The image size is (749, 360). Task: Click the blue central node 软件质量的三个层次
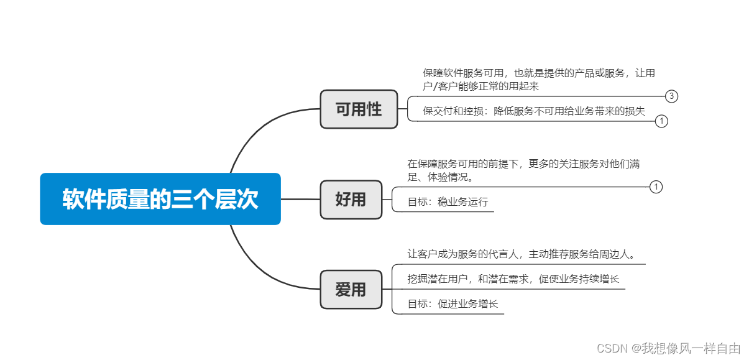(x=160, y=199)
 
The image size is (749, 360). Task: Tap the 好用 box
(x=351, y=200)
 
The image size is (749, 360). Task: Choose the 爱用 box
(x=351, y=290)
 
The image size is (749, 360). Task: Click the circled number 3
(x=671, y=96)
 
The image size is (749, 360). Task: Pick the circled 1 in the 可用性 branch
(x=661, y=121)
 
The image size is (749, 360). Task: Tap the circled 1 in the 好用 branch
(x=656, y=187)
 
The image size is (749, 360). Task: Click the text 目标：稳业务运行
(x=448, y=202)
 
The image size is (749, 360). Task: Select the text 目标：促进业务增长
(x=453, y=304)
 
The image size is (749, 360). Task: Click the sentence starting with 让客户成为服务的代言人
(x=521, y=254)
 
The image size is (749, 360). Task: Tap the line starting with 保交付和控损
(x=534, y=111)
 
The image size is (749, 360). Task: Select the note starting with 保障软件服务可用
(x=539, y=80)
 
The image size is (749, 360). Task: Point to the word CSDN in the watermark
(x=610, y=348)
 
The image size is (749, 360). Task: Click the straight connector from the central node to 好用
(x=300, y=200)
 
